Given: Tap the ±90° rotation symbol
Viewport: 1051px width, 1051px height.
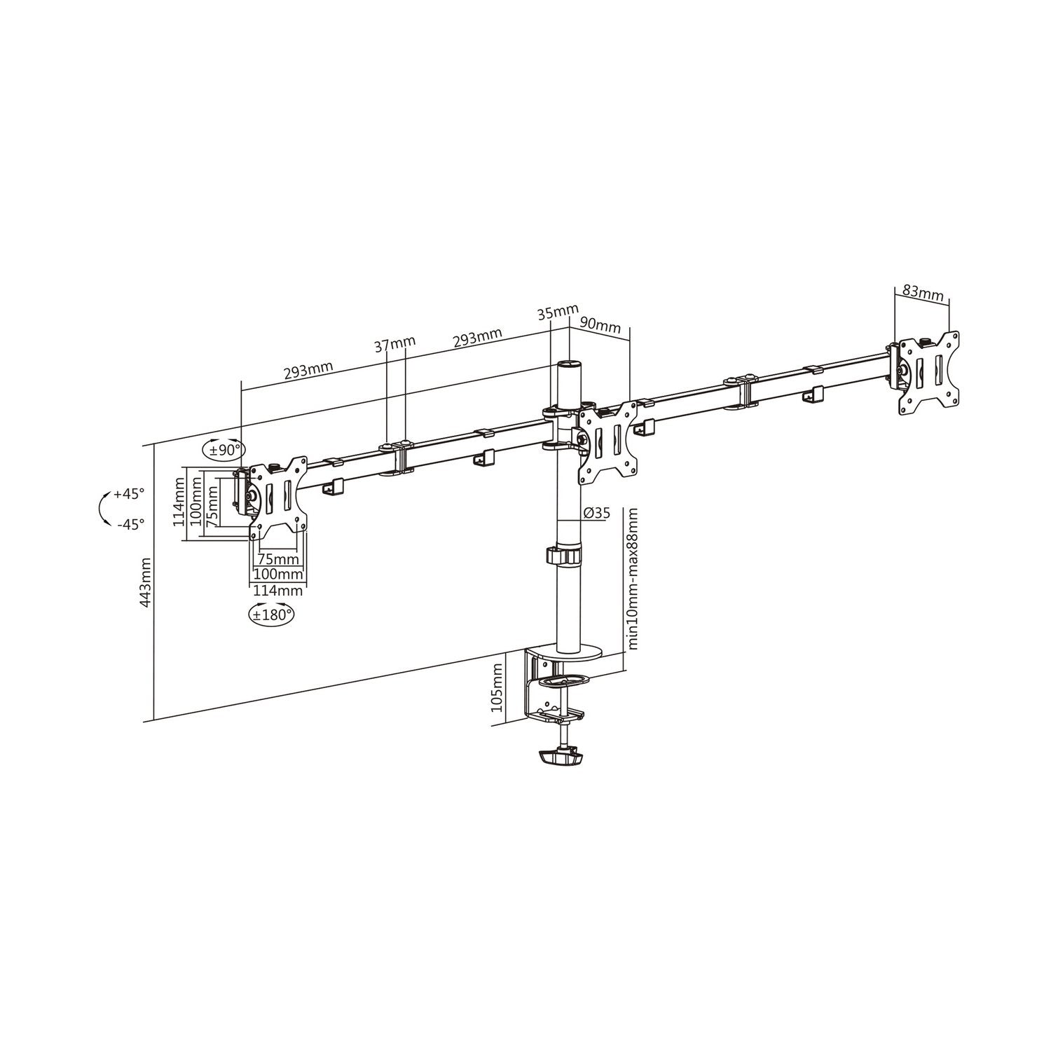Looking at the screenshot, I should [221, 450].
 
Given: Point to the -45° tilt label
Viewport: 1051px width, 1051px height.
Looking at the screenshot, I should [130, 523].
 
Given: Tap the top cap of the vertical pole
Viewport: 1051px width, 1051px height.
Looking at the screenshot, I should [569, 366].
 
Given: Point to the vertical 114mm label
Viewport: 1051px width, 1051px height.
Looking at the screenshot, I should [179, 504].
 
